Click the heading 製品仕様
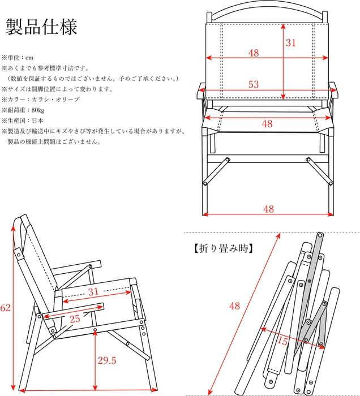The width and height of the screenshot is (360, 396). click(x=41, y=27)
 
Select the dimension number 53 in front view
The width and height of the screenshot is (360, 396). click(x=253, y=84)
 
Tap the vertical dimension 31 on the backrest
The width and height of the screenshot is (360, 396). click(x=290, y=43)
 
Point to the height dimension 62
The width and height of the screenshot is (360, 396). click(x=6, y=308)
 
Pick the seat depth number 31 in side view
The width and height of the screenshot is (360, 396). click(x=94, y=292)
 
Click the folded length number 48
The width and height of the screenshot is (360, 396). click(x=234, y=306)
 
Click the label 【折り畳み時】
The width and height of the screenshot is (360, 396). click(x=220, y=248)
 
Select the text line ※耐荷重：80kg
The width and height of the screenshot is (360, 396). click(x=23, y=110)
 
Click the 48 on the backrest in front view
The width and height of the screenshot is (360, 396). click(x=253, y=53)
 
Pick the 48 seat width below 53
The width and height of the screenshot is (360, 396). click(x=266, y=123)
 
